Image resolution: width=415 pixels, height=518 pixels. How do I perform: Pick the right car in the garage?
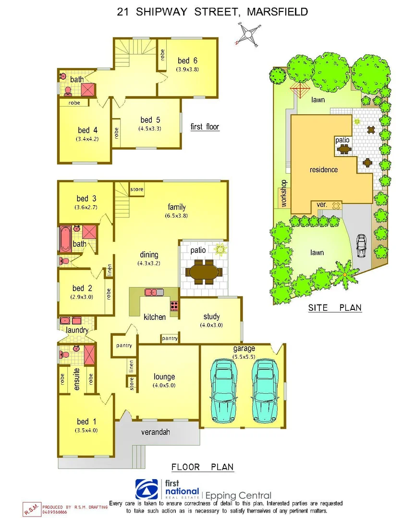264,389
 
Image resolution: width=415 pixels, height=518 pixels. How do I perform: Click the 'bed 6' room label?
187,60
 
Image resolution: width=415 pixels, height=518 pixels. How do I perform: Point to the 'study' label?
211,317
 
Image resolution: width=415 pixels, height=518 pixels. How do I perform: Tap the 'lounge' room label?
164,377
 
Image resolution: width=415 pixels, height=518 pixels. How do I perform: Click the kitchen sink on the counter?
154,292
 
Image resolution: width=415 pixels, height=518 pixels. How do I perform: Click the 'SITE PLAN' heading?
335,308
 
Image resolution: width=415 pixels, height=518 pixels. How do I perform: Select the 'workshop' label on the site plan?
283,193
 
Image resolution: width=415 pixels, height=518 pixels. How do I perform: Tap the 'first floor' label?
205,127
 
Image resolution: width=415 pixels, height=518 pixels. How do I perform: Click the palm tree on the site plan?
345,277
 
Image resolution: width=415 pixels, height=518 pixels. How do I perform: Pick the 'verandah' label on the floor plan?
155,432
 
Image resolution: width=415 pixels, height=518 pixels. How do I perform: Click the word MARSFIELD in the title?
277,12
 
